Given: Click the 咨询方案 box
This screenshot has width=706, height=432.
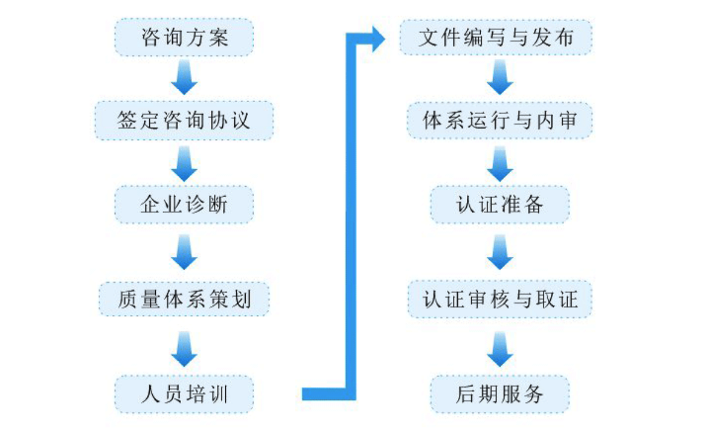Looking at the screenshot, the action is pos(184,37).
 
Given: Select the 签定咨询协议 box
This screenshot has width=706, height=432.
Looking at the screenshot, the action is pos(184,121).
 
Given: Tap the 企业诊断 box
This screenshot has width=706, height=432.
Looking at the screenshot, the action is pos(184,204).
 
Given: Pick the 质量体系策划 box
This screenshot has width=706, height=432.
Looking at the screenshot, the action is pos(184,299).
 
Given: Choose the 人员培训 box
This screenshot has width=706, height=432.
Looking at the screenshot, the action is pos(184,394).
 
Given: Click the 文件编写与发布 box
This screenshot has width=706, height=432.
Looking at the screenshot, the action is pos(496,37).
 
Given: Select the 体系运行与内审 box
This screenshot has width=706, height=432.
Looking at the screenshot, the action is pos(500,121).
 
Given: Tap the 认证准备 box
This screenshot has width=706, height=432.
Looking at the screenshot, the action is pos(500,204).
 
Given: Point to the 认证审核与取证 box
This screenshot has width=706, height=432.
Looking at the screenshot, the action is pos(500,299).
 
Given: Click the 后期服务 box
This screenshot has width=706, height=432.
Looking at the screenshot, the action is pos(500,394).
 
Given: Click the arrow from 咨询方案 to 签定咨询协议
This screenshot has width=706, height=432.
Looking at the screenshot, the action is pos(184,77).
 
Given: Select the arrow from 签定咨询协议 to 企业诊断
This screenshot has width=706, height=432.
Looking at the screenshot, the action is pos(184,164).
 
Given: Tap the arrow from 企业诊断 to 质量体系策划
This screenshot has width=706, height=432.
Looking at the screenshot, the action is pos(184,251).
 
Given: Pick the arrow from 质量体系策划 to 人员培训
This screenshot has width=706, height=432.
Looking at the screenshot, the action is pos(184,349).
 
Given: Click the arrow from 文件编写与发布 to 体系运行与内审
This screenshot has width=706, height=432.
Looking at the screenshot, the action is pos(500,77).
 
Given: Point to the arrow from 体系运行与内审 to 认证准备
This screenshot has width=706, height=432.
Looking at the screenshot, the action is pos(500,164).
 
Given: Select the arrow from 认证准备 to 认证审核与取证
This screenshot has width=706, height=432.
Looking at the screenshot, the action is pos(500,251).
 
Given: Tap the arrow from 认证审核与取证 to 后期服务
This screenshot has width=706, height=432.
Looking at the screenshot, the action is pos(500,349).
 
